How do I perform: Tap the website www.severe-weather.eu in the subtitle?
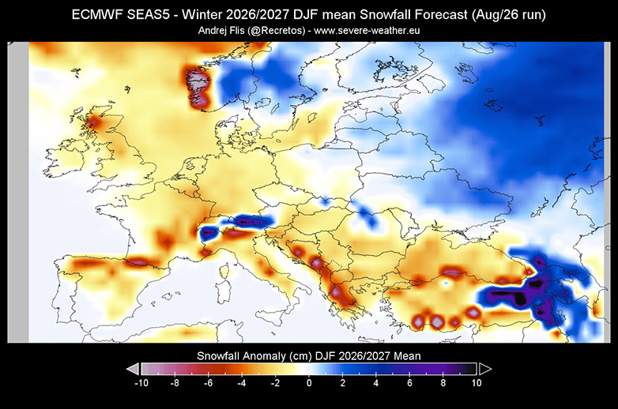(x=367, y=31)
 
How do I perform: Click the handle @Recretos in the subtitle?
(x=277, y=31)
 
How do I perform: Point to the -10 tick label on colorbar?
(x=141, y=383)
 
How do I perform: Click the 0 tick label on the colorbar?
(x=309, y=383)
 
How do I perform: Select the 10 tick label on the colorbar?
(x=477, y=383)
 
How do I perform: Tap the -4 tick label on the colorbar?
(x=242, y=383)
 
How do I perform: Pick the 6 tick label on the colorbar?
(x=409, y=383)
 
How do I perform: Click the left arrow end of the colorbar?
(x=133, y=370)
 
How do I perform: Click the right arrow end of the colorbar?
(x=484, y=370)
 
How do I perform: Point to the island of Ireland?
(x=64, y=158)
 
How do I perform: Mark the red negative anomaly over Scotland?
(x=94, y=123)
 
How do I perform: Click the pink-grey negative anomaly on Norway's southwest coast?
(x=197, y=87)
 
